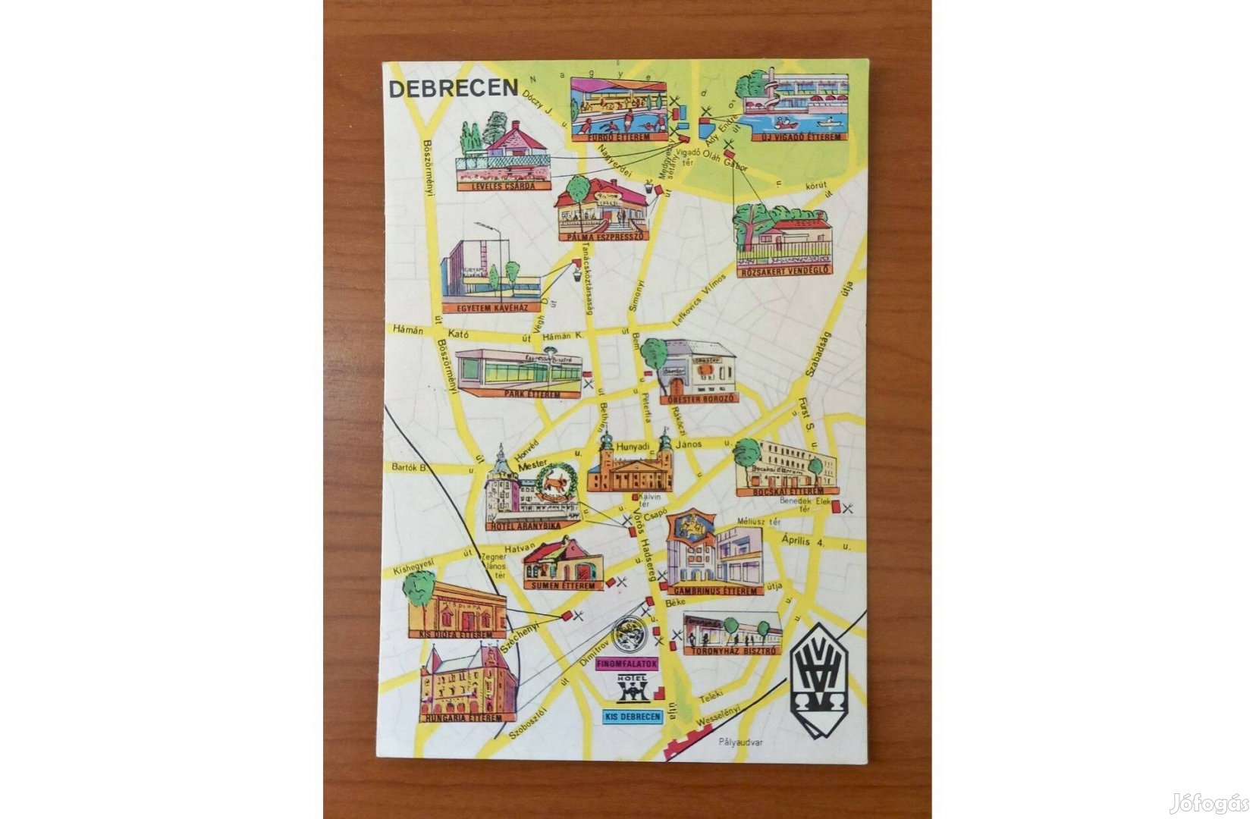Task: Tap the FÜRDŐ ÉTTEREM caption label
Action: tap(618, 138)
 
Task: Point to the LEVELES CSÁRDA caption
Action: tap(504, 186)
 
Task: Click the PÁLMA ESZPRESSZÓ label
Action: tap(603, 236)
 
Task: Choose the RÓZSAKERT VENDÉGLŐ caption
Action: tap(784, 270)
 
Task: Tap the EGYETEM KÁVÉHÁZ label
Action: tap(491, 308)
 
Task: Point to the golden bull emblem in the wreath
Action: tap(560, 482)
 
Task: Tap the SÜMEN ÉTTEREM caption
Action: tap(562, 585)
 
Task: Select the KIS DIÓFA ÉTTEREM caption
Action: tap(457, 634)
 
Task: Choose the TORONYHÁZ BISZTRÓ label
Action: tap(731, 651)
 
